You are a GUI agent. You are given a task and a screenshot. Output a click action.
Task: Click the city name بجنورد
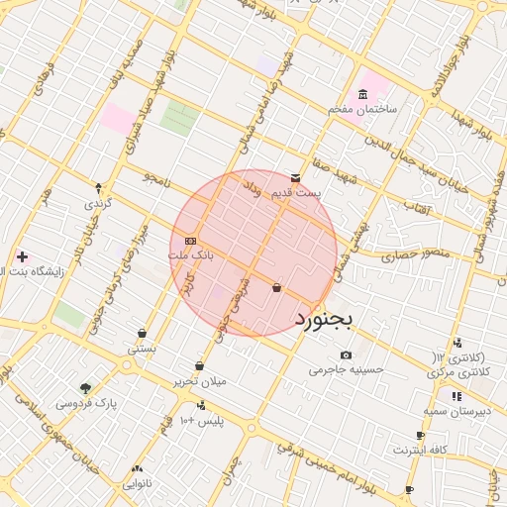coord(331,319)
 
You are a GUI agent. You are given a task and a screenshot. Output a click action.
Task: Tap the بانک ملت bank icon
coord(190,241)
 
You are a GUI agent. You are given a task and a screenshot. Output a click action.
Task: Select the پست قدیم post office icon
coord(296,177)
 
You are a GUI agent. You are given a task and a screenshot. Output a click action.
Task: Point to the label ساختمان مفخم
coord(362,109)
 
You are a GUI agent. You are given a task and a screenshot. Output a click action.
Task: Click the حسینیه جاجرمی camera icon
coord(346,355)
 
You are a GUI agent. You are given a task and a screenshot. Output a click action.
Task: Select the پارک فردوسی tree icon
coord(85,388)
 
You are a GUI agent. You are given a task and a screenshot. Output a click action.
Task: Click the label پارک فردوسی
coord(85,403)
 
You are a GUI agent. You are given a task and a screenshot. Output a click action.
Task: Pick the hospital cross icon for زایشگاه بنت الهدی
coord(22,256)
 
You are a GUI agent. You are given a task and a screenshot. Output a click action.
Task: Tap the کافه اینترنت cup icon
coord(421,436)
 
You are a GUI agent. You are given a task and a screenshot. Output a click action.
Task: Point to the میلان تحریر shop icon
coord(199,366)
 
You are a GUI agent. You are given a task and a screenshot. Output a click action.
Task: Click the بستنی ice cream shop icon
coord(143,334)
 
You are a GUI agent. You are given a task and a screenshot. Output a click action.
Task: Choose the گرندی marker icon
coord(98,187)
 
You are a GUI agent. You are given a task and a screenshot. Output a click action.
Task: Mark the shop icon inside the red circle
coord(275,288)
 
